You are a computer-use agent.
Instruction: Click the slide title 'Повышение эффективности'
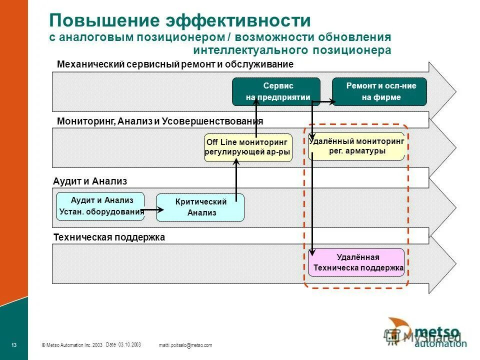(180, 21)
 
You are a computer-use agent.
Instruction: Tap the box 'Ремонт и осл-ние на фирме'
(380, 91)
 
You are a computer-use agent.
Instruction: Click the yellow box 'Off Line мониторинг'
(247, 147)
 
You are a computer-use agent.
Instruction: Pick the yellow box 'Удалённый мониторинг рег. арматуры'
(356, 146)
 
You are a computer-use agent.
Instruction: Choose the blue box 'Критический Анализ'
(200, 207)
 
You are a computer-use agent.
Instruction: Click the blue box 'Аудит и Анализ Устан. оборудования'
(100, 205)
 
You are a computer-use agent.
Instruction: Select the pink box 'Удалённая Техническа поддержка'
(356, 262)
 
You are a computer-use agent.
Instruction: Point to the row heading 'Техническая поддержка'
(109, 237)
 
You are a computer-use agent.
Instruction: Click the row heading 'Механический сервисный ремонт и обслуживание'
(175, 64)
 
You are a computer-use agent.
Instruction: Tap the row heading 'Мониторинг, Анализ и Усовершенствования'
(160, 121)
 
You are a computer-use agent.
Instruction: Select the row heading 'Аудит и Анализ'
(90, 181)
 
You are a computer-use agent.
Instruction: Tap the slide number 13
(14, 345)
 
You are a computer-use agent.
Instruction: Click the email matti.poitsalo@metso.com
(185, 345)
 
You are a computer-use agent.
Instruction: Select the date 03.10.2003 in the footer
(123, 344)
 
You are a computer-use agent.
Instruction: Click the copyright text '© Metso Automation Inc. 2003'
(72, 345)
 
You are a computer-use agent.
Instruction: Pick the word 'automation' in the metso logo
(436, 343)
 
